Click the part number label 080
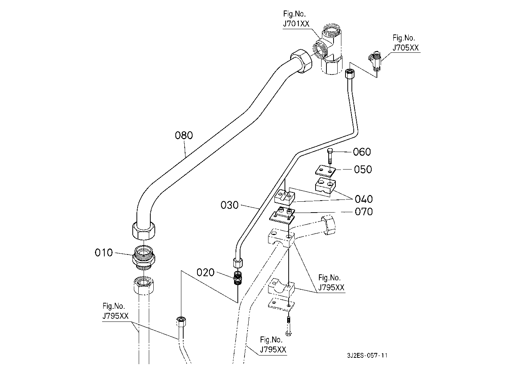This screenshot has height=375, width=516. pos(184,135)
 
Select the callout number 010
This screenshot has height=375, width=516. pos(104,253)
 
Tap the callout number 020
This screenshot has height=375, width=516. pos(205,272)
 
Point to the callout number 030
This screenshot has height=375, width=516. pos(230,205)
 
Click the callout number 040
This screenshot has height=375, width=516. pos(364,199)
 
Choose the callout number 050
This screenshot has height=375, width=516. pos(363,169)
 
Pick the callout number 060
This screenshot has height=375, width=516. pos(362,152)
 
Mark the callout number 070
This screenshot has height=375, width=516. pos(364,211)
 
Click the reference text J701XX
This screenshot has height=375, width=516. pos(296,24)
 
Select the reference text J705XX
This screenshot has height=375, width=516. pos(406,48)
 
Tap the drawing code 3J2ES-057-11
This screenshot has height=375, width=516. pos(367,356)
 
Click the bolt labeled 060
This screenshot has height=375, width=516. pos(330,156)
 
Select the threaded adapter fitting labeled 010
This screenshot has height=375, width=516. pos(144,257)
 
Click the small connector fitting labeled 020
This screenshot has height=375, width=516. pos(237,278)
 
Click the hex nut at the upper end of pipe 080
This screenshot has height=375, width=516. pos(301,61)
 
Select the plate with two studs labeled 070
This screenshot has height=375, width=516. pos(282,216)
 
